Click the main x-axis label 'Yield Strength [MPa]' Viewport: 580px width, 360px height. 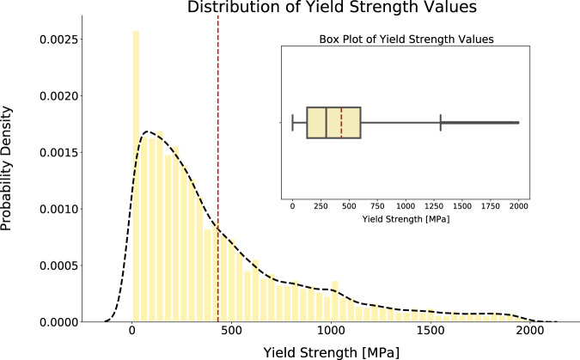pos(331,351)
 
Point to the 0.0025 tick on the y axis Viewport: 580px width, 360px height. pos(54,40)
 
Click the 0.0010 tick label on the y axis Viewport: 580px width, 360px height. pos(54,209)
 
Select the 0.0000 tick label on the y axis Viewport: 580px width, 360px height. pos(54,322)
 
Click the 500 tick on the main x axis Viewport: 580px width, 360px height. pos(231,331)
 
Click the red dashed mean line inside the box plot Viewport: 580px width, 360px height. pos(342,123)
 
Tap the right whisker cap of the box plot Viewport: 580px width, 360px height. pos(441,123)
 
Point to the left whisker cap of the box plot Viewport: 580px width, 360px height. pos(293,123)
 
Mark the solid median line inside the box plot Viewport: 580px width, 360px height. pos(327,123)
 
